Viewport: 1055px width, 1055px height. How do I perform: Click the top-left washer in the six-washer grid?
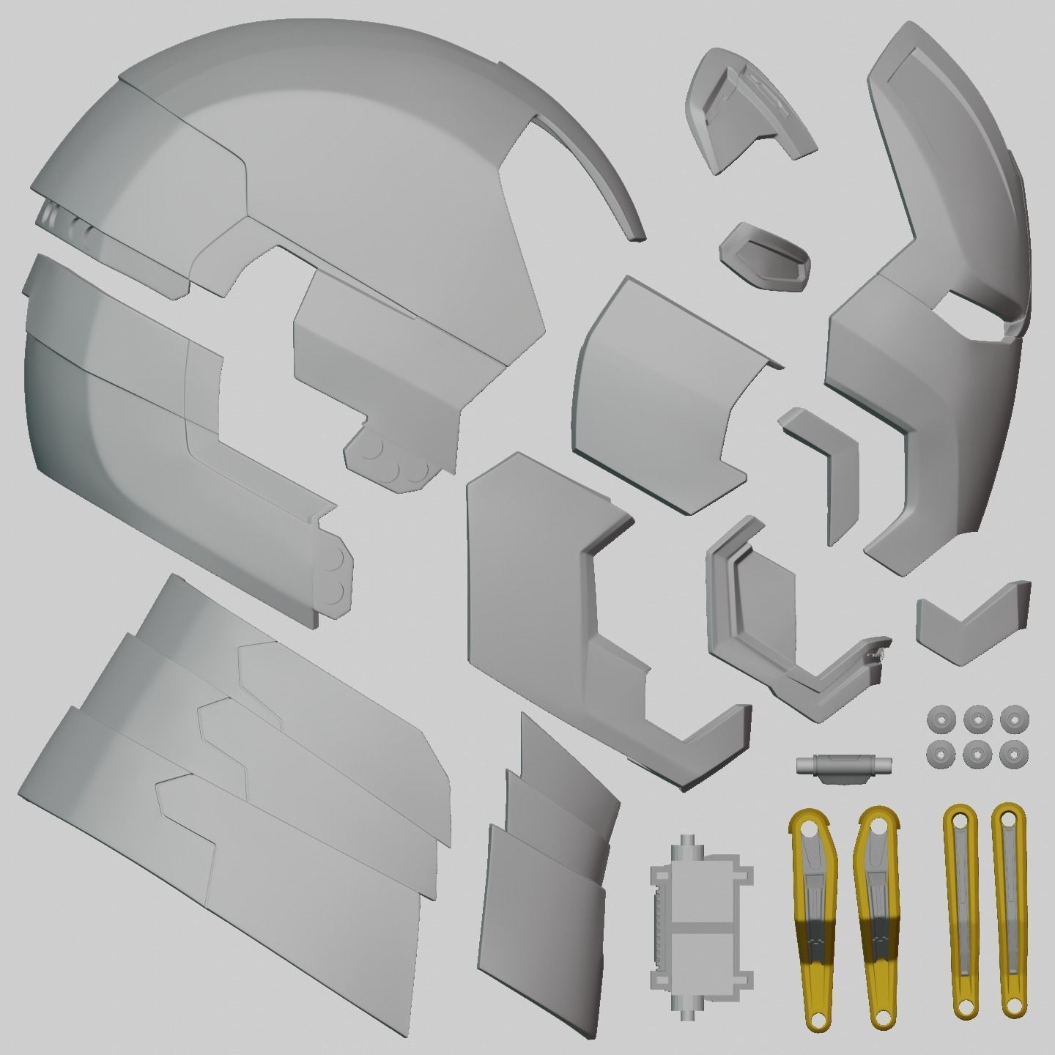(x=939, y=717)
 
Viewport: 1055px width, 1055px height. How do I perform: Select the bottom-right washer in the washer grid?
(x=1013, y=752)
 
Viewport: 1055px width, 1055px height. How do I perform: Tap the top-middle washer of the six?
(x=975, y=717)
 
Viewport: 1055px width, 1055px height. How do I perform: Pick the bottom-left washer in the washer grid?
(x=939, y=752)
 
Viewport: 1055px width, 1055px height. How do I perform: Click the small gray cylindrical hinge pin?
(x=843, y=764)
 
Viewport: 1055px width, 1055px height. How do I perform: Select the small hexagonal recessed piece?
(x=765, y=256)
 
